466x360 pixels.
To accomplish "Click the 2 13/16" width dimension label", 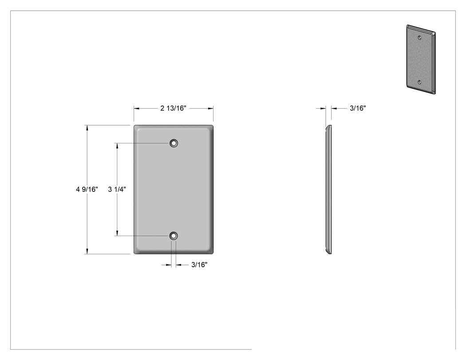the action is (x=173, y=108).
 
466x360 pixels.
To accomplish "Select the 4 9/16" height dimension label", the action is (x=87, y=189).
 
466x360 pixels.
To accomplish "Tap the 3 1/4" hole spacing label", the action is (x=117, y=189).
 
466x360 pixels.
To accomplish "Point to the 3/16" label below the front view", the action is (x=199, y=265).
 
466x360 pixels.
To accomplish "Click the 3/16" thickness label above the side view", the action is (x=358, y=108).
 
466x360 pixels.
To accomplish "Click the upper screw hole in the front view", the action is (x=174, y=143).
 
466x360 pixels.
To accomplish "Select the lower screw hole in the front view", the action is (x=174, y=236).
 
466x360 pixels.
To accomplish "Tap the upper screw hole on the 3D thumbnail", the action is (x=419, y=38).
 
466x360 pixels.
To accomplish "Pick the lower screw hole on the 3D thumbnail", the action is (x=419, y=82).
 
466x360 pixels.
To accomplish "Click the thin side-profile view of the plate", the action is (x=329, y=190).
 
